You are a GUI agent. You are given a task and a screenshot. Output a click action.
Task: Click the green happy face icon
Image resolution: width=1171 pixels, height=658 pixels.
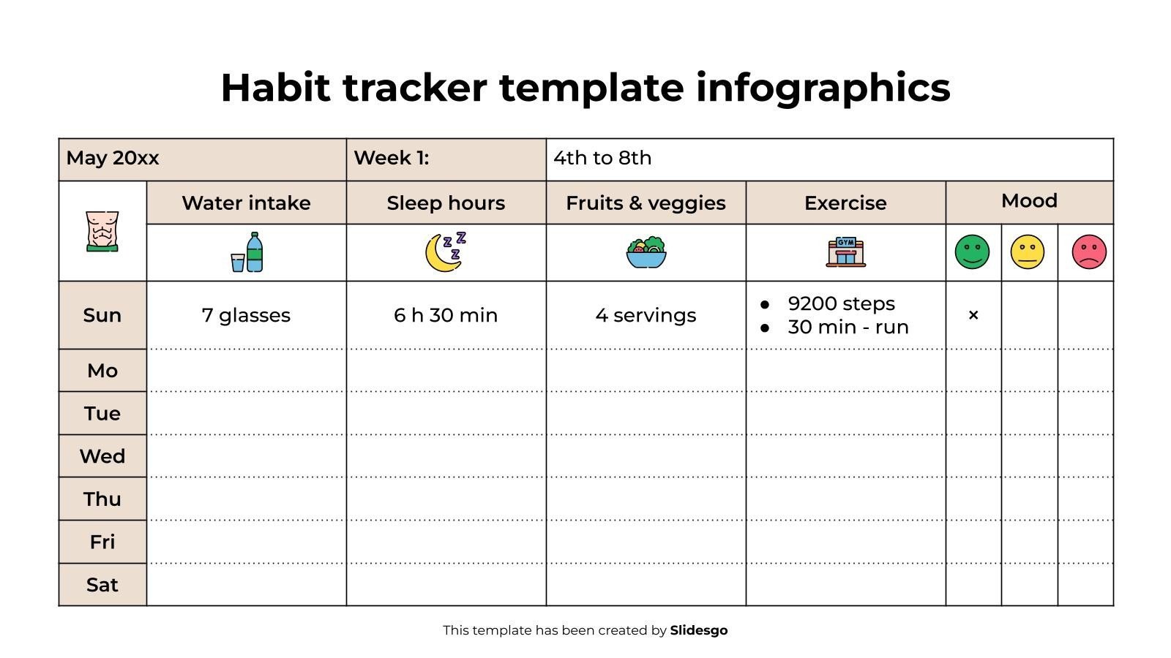click(x=972, y=252)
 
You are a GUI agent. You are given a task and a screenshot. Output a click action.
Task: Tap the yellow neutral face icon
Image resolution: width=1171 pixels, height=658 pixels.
click(x=1028, y=252)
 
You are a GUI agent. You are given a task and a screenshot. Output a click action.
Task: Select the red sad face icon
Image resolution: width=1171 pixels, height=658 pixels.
click(x=1089, y=252)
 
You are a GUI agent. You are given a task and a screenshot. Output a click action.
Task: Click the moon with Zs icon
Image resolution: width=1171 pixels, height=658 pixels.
click(x=445, y=252)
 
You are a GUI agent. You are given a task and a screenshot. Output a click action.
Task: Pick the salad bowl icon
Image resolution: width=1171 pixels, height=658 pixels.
click(x=646, y=253)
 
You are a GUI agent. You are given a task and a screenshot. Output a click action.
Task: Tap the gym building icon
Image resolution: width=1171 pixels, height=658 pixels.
click(x=845, y=252)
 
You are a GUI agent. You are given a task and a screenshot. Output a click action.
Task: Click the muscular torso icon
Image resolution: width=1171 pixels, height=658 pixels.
click(x=102, y=232)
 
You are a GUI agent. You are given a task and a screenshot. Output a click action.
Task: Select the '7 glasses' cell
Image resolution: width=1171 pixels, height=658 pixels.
click(x=246, y=315)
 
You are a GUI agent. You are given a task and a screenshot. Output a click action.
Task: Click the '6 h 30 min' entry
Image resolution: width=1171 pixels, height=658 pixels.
click(x=446, y=315)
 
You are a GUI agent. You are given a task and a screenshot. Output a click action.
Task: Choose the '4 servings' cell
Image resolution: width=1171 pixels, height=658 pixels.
click(x=646, y=315)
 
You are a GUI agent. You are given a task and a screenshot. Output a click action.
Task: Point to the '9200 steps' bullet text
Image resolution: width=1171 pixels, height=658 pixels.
click(x=841, y=303)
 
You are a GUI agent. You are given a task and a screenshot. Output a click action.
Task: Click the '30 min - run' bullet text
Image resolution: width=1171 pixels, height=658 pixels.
click(x=848, y=327)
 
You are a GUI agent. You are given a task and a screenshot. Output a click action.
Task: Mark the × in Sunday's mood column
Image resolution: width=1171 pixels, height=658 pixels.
click(x=973, y=315)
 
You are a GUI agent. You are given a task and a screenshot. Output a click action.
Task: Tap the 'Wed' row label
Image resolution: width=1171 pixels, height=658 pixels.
click(x=102, y=456)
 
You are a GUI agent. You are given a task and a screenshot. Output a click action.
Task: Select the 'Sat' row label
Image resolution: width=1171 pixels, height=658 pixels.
click(x=102, y=585)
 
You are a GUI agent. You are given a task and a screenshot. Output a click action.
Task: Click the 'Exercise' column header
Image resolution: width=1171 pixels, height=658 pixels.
click(x=845, y=203)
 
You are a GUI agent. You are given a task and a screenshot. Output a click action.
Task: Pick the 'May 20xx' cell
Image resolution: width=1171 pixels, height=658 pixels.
click(x=113, y=158)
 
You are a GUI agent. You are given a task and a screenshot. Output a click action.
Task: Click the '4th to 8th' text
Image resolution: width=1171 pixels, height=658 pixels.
click(x=602, y=158)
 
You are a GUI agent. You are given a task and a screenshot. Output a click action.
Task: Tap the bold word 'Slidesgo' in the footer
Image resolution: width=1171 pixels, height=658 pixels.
click(x=699, y=630)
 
